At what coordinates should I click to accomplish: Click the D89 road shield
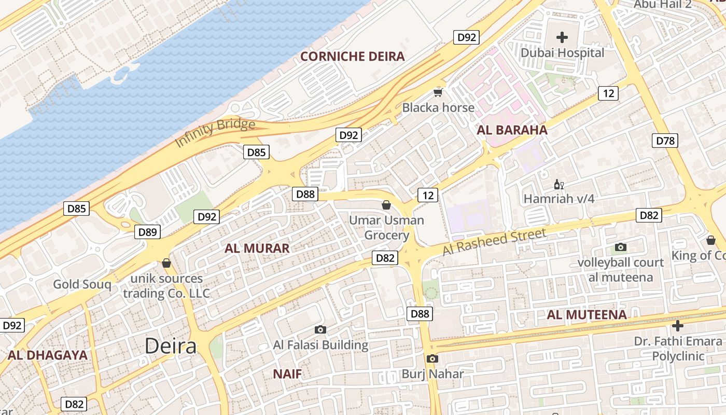(148, 232)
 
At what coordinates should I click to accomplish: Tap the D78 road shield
(665, 141)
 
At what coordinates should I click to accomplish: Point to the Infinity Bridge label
(215, 133)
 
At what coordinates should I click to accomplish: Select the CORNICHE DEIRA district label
(352, 57)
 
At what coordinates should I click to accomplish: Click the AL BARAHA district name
(512, 130)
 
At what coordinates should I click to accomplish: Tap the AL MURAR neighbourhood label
(257, 248)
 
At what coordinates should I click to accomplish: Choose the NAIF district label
(287, 374)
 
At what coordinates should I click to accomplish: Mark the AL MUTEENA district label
(587, 315)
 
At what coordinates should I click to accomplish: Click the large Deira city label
(171, 346)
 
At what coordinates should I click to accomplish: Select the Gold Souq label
(82, 284)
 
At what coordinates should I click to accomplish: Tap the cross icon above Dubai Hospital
(562, 37)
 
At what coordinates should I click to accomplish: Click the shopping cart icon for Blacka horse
(438, 93)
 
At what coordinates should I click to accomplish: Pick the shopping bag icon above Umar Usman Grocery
(386, 205)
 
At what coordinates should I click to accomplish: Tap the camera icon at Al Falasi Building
(320, 329)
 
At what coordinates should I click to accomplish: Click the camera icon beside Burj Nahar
(432, 358)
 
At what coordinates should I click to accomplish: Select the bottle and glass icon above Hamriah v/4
(559, 184)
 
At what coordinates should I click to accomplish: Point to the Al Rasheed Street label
(494, 242)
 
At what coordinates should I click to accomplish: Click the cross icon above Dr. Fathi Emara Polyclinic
(677, 326)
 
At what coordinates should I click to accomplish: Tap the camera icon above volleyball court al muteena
(620, 247)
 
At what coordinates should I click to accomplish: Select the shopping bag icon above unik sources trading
(166, 264)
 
